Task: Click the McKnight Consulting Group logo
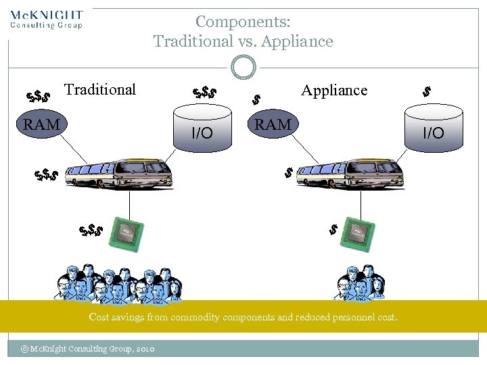point(47,19)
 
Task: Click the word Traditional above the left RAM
point(100,89)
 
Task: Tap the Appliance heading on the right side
point(334,90)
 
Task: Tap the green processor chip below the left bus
point(126,234)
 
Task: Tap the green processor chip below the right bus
point(357,234)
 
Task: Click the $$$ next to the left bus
point(46,176)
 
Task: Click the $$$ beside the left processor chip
point(90,231)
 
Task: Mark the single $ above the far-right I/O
point(427,91)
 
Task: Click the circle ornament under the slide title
point(243,68)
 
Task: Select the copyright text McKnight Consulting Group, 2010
point(88,349)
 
